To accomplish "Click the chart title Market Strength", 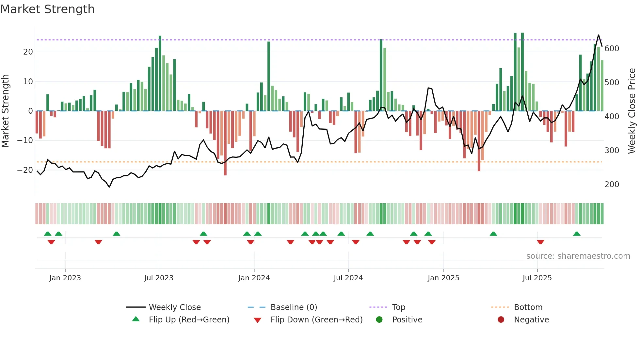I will click(x=47, y=9).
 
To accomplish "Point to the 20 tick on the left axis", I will click(x=28, y=52).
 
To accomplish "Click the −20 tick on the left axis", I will click(x=25, y=170).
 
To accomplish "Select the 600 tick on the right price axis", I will click(x=612, y=49).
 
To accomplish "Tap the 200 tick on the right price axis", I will click(x=612, y=185).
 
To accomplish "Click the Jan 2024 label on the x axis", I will click(x=254, y=278).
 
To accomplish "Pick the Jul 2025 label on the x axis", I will click(x=537, y=278).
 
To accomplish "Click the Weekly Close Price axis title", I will click(x=632, y=111).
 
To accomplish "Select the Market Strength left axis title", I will click(x=5, y=111).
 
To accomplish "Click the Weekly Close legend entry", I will click(x=174, y=307).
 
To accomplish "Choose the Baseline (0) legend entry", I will click(x=294, y=307).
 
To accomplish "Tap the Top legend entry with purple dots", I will click(x=398, y=307).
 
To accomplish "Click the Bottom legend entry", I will click(x=528, y=307).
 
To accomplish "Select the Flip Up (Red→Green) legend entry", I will click(x=189, y=320).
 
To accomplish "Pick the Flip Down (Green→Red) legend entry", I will click(x=316, y=320).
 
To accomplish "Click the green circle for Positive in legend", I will click(x=379, y=319).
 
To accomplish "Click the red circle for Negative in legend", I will click(x=501, y=319).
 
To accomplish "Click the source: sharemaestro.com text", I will click(x=578, y=256).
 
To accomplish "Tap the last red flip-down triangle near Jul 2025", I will click(x=540, y=242).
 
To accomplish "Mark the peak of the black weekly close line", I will click(x=599, y=35).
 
